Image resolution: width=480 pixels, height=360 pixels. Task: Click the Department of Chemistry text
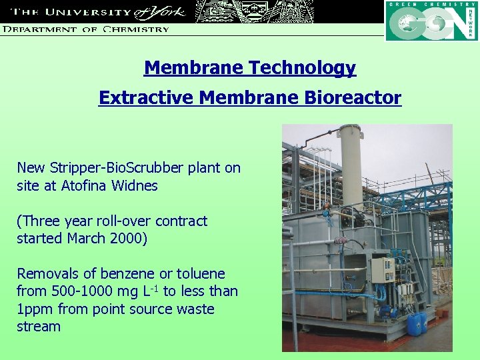click(85, 29)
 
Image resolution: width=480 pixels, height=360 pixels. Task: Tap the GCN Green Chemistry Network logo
click(431, 21)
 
